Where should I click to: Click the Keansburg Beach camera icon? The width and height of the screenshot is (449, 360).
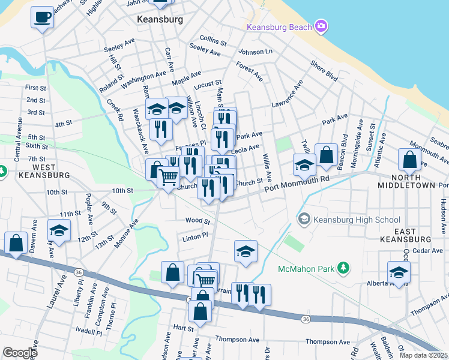click(321, 26)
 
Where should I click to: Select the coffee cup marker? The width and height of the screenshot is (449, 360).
click(42, 17)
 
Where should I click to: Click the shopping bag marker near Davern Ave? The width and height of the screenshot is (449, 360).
click(16, 243)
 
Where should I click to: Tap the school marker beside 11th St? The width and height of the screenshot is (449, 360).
click(59, 231)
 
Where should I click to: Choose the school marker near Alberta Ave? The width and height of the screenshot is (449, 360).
click(399, 272)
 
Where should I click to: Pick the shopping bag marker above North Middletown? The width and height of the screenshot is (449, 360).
click(409, 160)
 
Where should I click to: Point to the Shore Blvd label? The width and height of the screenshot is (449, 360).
click(324, 70)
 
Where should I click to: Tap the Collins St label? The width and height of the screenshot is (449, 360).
click(213, 42)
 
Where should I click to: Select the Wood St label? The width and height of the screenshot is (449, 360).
click(197, 220)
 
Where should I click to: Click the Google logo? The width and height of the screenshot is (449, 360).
click(20, 352)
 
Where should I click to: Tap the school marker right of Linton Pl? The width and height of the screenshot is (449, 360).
click(246, 251)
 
